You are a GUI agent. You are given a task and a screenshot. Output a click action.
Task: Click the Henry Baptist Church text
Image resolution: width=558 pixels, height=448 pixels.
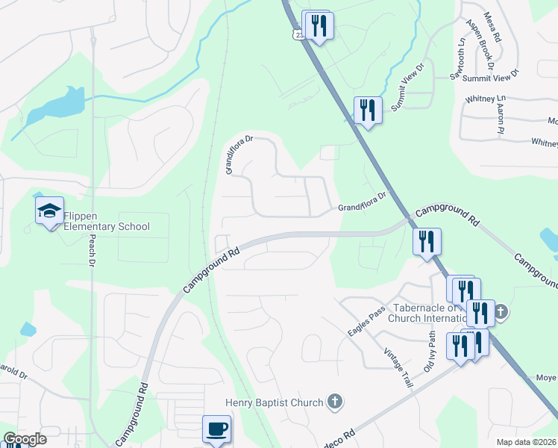(275, 402)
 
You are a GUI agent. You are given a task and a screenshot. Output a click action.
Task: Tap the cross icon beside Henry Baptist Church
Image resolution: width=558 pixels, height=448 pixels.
(336, 402)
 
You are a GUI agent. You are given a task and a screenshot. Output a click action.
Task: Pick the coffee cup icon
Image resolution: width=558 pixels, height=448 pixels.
(217, 429)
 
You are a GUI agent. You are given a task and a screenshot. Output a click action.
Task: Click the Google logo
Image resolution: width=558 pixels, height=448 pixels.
(24, 439)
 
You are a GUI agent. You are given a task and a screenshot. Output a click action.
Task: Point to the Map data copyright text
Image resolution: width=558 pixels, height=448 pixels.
(527, 442)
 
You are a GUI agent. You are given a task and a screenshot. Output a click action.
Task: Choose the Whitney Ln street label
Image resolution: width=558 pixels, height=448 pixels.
(485, 98)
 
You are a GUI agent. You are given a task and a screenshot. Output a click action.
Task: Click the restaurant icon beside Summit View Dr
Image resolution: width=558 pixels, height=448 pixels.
(368, 111)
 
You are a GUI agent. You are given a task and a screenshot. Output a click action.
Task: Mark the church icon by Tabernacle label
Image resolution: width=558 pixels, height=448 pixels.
(501, 311)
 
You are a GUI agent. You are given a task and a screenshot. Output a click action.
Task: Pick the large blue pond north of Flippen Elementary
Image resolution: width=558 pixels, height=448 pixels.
(55, 105)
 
